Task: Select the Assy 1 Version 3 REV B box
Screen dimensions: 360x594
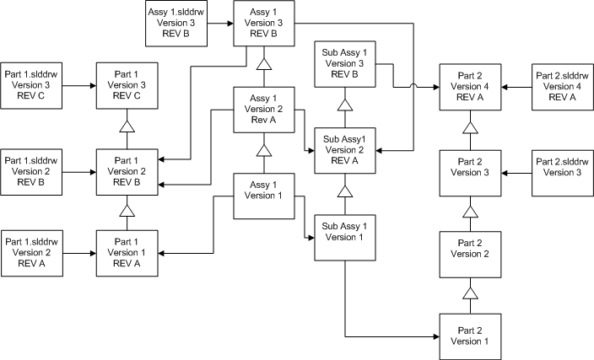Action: (263, 24)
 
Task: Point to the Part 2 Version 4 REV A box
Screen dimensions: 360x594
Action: (470, 85)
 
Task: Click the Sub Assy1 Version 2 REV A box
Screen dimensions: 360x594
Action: (344, 150)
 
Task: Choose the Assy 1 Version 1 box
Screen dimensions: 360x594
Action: (263, 195)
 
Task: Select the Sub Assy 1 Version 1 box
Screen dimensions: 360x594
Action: (344, 237)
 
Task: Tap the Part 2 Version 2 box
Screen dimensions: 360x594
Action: (470, 253)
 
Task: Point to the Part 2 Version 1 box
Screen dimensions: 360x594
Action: (470, 336)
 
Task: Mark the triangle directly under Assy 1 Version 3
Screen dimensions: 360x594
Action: (263, 64)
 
